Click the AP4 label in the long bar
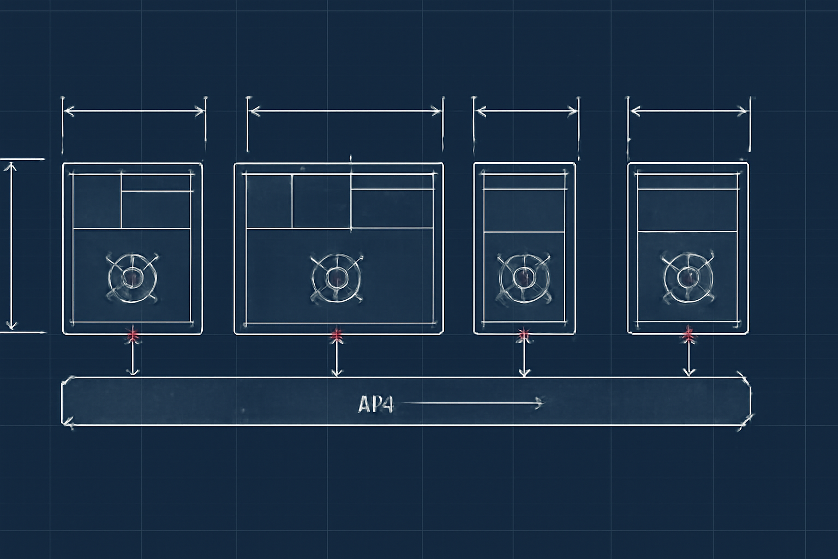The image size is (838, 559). tap(375, 405)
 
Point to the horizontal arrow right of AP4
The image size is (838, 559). tap(473, 403)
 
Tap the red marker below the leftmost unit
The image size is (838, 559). tap(133, 335)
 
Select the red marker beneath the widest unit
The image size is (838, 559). tap(337, 336)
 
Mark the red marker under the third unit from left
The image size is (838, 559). tap(524, 335)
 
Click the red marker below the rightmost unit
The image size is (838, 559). tap(689, 335)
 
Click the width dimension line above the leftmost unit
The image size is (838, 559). tap(134, 111)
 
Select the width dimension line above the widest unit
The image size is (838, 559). tap(345, 111)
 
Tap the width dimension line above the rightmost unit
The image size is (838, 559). tap(689, 111)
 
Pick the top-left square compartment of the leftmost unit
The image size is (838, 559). tap(97, 201)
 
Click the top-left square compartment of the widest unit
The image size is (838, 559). tap(269, 201)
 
